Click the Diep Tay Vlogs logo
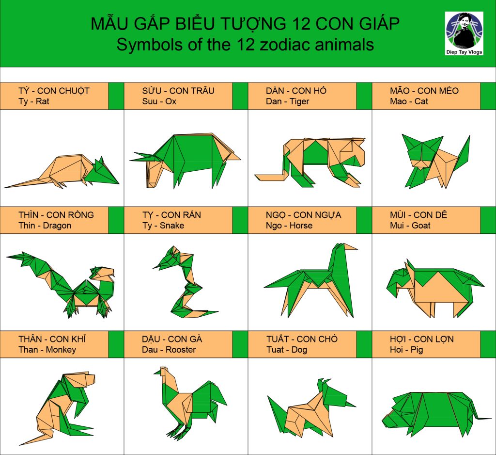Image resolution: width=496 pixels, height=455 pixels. pos(464,33)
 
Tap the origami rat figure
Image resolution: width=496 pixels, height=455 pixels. pos(62,171)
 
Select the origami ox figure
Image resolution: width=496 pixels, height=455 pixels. pos(186,161)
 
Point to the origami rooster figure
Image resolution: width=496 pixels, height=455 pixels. pos(190,404)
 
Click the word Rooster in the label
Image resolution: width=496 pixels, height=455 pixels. pos(181,350)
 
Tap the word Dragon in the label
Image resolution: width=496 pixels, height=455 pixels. pos(57,226)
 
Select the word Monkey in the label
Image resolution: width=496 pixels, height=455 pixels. pos(61,350)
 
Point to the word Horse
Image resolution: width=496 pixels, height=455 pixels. pos(301,226)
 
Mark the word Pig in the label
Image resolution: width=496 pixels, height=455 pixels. pos(417,350)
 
